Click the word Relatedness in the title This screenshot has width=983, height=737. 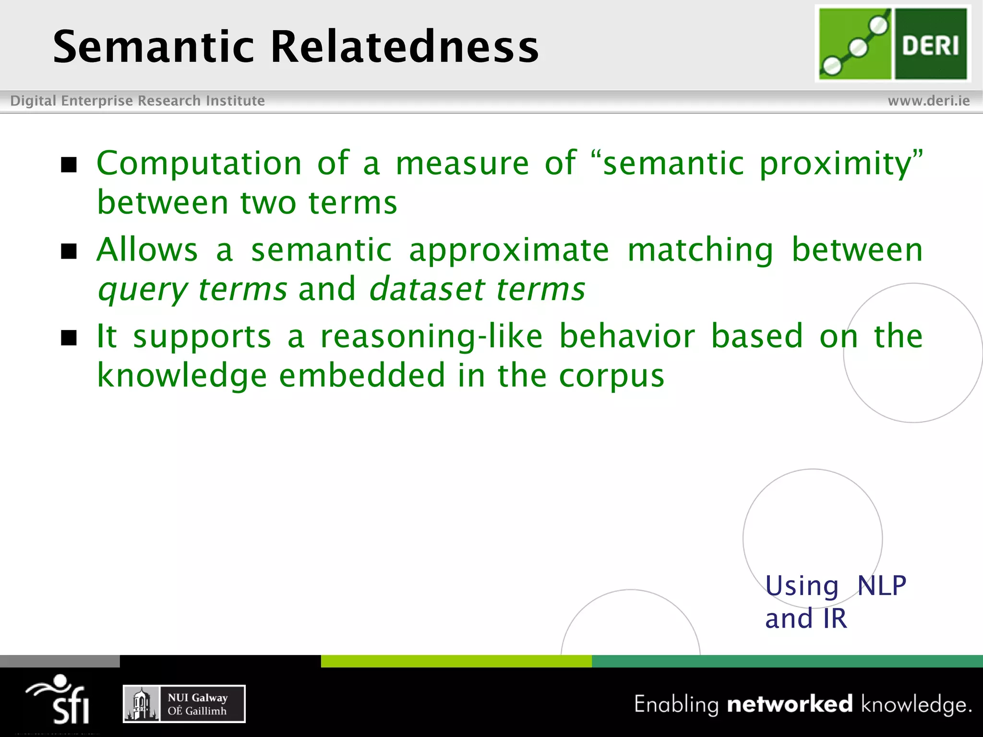click(405, 47)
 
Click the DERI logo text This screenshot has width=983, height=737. click(930, 46)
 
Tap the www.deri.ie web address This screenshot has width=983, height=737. click(928, 101)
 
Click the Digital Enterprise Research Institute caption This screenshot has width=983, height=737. click(137, 101)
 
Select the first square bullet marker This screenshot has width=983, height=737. click(69, 165)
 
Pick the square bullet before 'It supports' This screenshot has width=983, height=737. click(69, 338)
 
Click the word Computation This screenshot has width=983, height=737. click(199, 163)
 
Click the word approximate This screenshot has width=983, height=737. click(509, 251)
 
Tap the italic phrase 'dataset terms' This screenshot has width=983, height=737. click(477, 289)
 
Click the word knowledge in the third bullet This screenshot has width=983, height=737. click(182, 376)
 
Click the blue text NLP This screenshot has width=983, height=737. click(881, 586)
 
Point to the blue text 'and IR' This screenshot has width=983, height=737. click(806, 618)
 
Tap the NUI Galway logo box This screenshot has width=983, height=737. click(184, 704)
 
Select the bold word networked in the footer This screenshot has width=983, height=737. click(790, 704)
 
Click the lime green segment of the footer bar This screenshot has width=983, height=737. click(456, 661)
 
